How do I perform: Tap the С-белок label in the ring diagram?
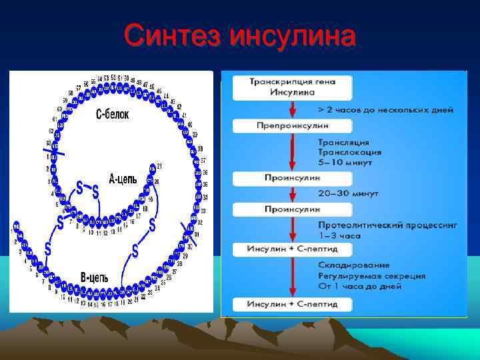tap(112, 115)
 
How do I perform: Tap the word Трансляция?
tap(343, 143)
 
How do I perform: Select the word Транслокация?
tap(349, 152)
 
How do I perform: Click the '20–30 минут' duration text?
tap(348, 193)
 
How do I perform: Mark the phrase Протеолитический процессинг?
tap(387, 226)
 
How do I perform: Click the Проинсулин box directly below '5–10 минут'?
tap(291, 179)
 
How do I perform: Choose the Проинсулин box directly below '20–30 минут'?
tap(291, 209)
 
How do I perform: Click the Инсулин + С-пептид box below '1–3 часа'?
tap(291, 249)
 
